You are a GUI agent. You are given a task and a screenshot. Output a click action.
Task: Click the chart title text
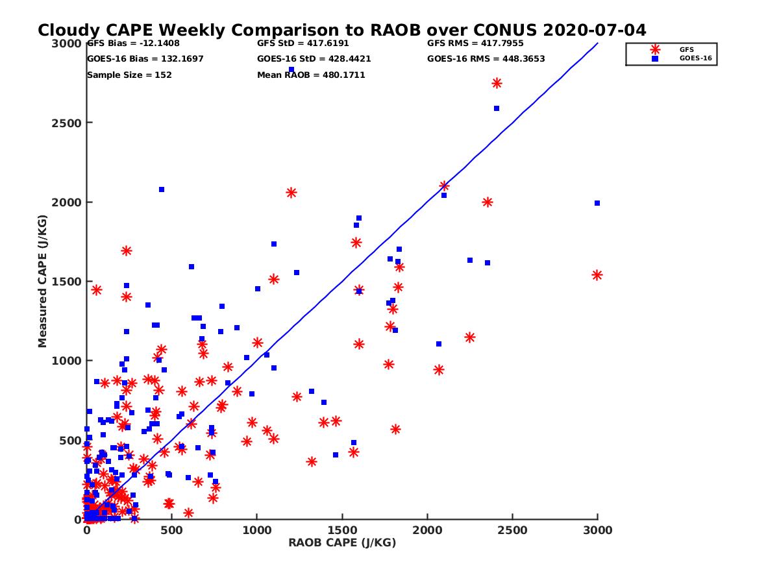[x=341, y=30]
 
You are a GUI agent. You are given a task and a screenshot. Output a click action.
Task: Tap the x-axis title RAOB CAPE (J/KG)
[x=342, y=542]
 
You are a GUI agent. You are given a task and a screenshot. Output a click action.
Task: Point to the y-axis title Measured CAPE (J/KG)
[x=43, y=281]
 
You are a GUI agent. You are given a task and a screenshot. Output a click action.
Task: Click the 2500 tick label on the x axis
[x=512, y=530]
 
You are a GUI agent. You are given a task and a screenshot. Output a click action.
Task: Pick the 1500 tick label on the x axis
[x=342, y=530]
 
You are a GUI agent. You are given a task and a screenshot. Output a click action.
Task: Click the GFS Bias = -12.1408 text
[x=133, y=43]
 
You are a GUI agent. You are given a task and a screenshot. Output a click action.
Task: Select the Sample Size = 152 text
[x=129, y=75]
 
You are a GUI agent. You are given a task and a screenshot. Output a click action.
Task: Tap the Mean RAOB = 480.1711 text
[x=311, y=75]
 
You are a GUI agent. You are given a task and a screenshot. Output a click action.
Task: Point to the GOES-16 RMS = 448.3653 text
[x=486, y=58]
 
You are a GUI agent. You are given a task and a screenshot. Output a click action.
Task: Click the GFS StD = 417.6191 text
[x=307, y=43]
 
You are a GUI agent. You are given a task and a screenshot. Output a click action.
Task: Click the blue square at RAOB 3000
[x=597, y=203]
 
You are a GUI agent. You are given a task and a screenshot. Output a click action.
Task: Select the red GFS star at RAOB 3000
[x=597, y=275]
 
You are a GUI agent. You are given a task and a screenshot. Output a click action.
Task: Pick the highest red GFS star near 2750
[x=497, y=83]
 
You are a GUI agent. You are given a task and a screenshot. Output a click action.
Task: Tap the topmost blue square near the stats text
[x=291, y=69]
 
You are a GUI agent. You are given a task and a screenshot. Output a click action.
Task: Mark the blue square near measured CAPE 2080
[x=162, y=189]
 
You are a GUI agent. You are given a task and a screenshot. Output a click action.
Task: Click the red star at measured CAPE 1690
[x=127, y=250]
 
